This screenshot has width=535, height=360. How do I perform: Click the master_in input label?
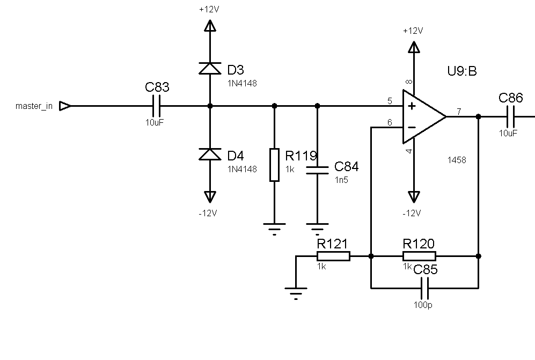[34, 106]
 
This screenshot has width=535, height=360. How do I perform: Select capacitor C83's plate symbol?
[157, 106]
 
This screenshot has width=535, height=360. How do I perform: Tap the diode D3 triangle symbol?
[210, 68]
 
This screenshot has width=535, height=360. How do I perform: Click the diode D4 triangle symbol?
[210, 154]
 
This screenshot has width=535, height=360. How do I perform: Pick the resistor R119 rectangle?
[274, 165]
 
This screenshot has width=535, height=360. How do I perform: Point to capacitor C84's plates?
[317, 170]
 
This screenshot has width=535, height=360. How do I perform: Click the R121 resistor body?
[333, 256]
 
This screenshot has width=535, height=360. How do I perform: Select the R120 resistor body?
[419, 256]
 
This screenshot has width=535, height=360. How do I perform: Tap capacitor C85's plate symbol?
[425, 288]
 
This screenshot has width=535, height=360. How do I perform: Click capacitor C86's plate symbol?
[511, 117]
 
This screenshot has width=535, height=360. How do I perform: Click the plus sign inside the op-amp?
[412, 106]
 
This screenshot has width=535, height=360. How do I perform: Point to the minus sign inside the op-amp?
[412, 128]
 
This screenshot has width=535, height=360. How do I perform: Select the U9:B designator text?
[461, 71]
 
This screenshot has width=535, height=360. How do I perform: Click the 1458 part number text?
[457, 160]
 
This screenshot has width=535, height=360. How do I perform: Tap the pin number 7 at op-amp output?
[459, 111]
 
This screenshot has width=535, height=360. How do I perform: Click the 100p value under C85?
[423, 305]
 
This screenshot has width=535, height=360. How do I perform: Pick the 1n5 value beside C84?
[341, 180]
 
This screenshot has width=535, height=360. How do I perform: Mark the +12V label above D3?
[209, 9]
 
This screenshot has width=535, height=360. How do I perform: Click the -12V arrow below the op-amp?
[414, 197]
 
